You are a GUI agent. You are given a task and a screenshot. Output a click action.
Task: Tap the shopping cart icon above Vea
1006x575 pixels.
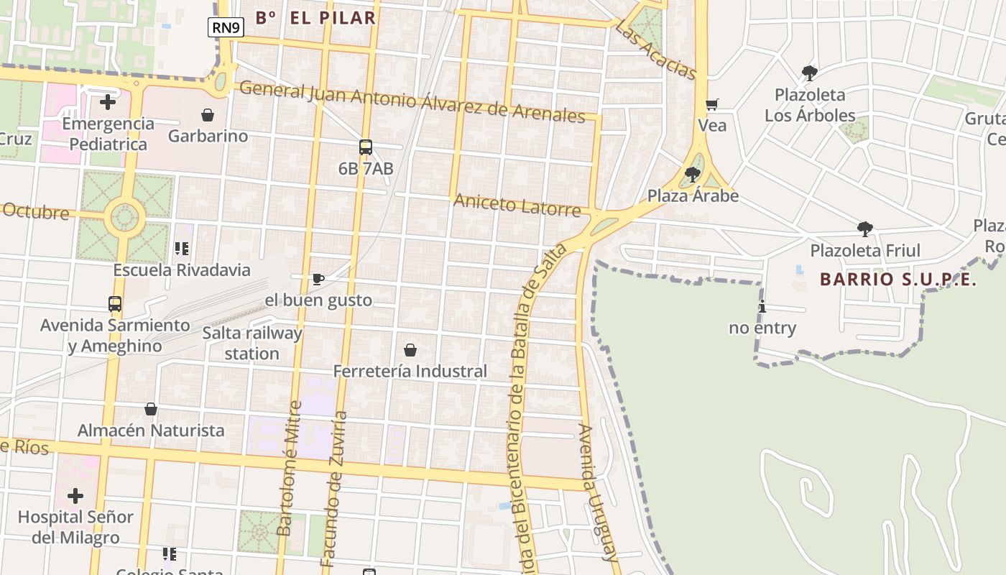pyautogui.click(x=712, y=105)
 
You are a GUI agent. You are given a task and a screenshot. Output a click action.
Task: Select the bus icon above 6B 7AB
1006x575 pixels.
pyautogui.click(x=366, y=147)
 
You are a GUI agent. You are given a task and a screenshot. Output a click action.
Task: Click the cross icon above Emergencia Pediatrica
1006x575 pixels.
pyautogui.click(x=108, y=102)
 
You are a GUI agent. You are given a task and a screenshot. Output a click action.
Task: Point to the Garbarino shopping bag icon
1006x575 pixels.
pyautogui.click(x=208, y=115)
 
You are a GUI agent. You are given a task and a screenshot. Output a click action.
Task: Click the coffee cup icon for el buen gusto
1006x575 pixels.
pyautogui.click(x=318, y=279)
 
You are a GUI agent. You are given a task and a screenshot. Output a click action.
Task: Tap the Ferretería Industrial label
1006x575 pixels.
pyautogui.click(x=410, y=372)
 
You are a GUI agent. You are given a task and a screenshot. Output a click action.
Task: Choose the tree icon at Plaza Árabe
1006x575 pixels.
pyautogui.click(x=693, y=175)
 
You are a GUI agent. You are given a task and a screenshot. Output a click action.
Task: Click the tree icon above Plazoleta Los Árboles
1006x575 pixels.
pyautogui.click(x=810, y=73)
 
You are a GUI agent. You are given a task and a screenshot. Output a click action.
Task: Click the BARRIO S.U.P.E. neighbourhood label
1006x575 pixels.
pyautogui.click(x=898, y=280)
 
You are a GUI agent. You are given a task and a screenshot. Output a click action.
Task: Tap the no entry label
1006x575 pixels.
pyautogui.click(x=762, y=328)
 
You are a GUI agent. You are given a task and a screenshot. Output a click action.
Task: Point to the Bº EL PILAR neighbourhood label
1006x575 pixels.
pyautogui.click(x=315, y=18)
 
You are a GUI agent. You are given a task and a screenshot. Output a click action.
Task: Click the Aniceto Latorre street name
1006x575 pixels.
pyautogui.click(x=517, y=206)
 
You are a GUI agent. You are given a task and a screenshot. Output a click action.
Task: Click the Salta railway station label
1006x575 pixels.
pyautogui.click(x=251, y=344)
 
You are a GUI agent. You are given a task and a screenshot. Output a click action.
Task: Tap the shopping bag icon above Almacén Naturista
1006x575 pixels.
pyautogui.click(x=151, y=409)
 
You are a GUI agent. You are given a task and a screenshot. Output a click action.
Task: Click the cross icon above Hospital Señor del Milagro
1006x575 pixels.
pyautogui.click(x=75, y=496)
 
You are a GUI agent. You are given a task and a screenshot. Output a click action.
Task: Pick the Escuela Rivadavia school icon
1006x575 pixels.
pyautogui.click(x=182, y=249)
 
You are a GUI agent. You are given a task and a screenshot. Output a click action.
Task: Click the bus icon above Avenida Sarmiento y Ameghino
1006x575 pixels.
pyautogui.click(x=115, y=304)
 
